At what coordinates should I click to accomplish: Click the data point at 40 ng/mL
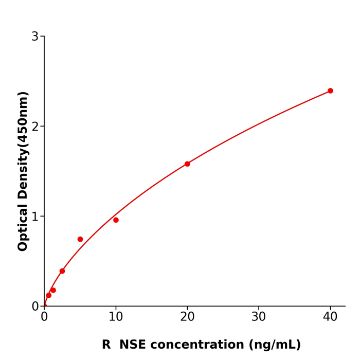(330, 91)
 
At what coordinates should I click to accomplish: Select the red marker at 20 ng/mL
(187, 164)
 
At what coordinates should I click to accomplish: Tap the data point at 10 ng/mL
(116, 220)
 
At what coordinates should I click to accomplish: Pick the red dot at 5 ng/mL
(80, 239)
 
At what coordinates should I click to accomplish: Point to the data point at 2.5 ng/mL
(62, 271)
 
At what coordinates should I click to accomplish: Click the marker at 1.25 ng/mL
(53, 290)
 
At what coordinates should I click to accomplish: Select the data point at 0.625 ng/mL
(49, 295)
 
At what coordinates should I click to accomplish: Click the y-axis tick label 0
(35, 307)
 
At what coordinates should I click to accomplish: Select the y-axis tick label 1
(35, 217)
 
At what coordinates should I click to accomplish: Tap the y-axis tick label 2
(35, 127)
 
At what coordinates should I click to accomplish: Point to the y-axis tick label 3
(35, 37)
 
